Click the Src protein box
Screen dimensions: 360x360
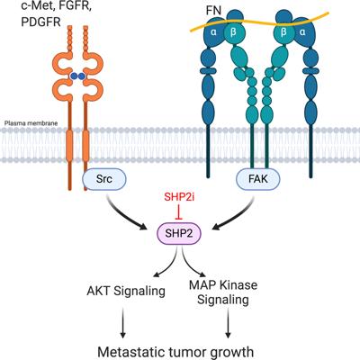[104, 179]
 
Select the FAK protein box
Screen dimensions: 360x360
[258, 179]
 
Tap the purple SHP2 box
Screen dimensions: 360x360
[179, 234]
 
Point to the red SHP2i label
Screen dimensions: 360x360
[179, 197]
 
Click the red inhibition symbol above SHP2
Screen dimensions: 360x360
[179, 211]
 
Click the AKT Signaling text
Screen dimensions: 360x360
[126, 291]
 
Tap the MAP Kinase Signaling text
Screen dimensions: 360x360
[223, 291]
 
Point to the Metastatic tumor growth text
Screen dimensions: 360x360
[175, 352]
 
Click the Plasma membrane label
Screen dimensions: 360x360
[31, 123]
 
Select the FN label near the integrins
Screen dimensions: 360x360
[213, 11]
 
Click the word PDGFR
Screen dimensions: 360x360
[41, 22]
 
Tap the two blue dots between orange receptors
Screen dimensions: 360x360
[77, 76]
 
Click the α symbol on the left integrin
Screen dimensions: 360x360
[213, 31]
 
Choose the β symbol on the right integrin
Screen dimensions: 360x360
[283, 31]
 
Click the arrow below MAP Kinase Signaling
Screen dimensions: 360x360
[228, 323]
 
